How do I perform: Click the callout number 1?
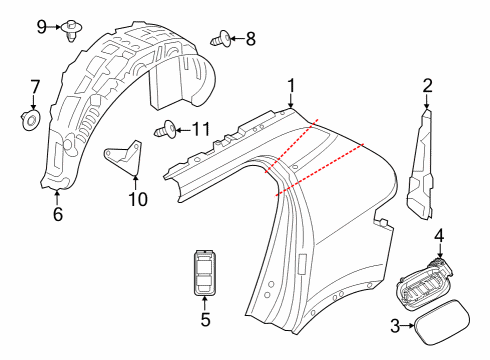click(x=291, y=85)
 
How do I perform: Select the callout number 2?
click(x=427, y=86)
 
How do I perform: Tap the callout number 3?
click(x=394, y=325)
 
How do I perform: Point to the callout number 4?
click(x=439, y=237)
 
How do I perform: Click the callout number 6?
click(x=57, y=213)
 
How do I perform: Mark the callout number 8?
click(x=250, y=40)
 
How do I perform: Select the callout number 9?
click(x=42, y=24)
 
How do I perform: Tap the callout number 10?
click(x=137, y=199)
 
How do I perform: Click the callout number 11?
click(x=201, y=128)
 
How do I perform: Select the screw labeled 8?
click(x=223, y=41)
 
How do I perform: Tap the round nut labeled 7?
click(x=31, y=121)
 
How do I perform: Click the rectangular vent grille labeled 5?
click(x=205, y=270)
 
